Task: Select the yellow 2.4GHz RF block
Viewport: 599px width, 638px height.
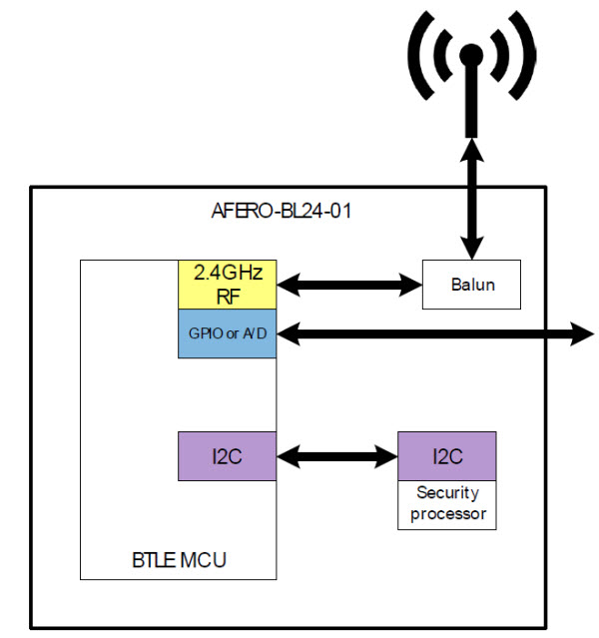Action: [227, 285]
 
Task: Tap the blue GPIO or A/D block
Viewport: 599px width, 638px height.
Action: [227, 333]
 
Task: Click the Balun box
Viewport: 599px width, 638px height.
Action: [472, 285]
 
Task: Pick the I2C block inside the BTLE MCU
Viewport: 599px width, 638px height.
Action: [227, 456]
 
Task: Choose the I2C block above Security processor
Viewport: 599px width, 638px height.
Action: [447, 456]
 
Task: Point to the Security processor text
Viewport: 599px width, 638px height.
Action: [447, 504]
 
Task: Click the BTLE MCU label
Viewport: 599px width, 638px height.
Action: [180, 559]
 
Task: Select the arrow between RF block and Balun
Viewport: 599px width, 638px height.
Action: [348, 286]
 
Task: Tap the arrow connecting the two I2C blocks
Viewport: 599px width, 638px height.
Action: [336, 457]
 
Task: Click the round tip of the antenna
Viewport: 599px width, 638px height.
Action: [472, 54]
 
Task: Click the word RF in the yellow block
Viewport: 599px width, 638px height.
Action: [227, 296]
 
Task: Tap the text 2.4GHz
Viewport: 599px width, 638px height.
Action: [227, 273]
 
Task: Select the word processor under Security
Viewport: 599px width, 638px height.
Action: [447, 514]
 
